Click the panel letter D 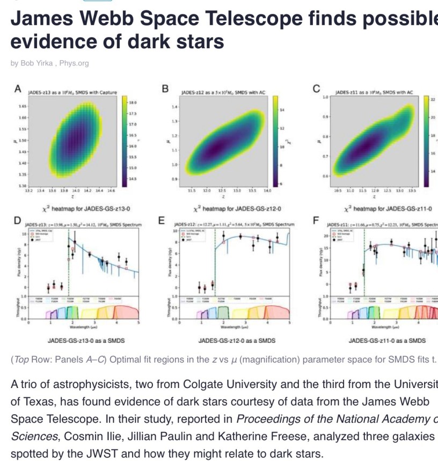point(17,221)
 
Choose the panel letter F point(317,221)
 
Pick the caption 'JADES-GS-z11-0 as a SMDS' point(387,340)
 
